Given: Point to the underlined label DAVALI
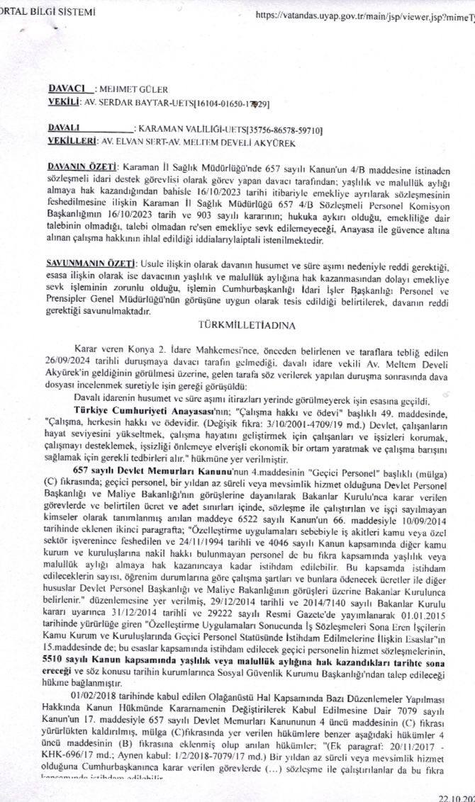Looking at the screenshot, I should point(65,130).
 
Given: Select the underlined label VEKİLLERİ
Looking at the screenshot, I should point(71,142).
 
